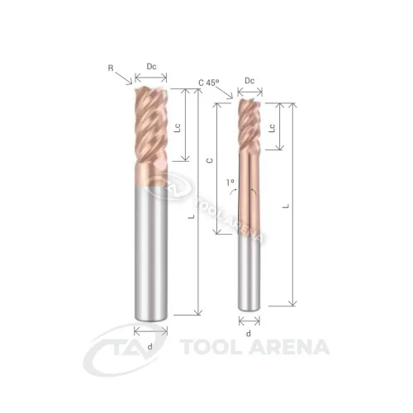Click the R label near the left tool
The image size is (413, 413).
pos(111,68)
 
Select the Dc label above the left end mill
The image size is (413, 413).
pos(151,67)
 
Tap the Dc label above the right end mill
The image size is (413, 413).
pos(249,81)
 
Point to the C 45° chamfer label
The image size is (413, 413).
pos(209,83)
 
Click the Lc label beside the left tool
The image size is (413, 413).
pos(178,128)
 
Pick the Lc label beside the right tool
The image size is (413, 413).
pos(272,128)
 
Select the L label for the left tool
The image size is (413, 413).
pos(191,216)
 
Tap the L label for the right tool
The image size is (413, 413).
pos(287,206)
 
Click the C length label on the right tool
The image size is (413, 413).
pos(210,160)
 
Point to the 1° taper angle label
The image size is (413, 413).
pos(230,182)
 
